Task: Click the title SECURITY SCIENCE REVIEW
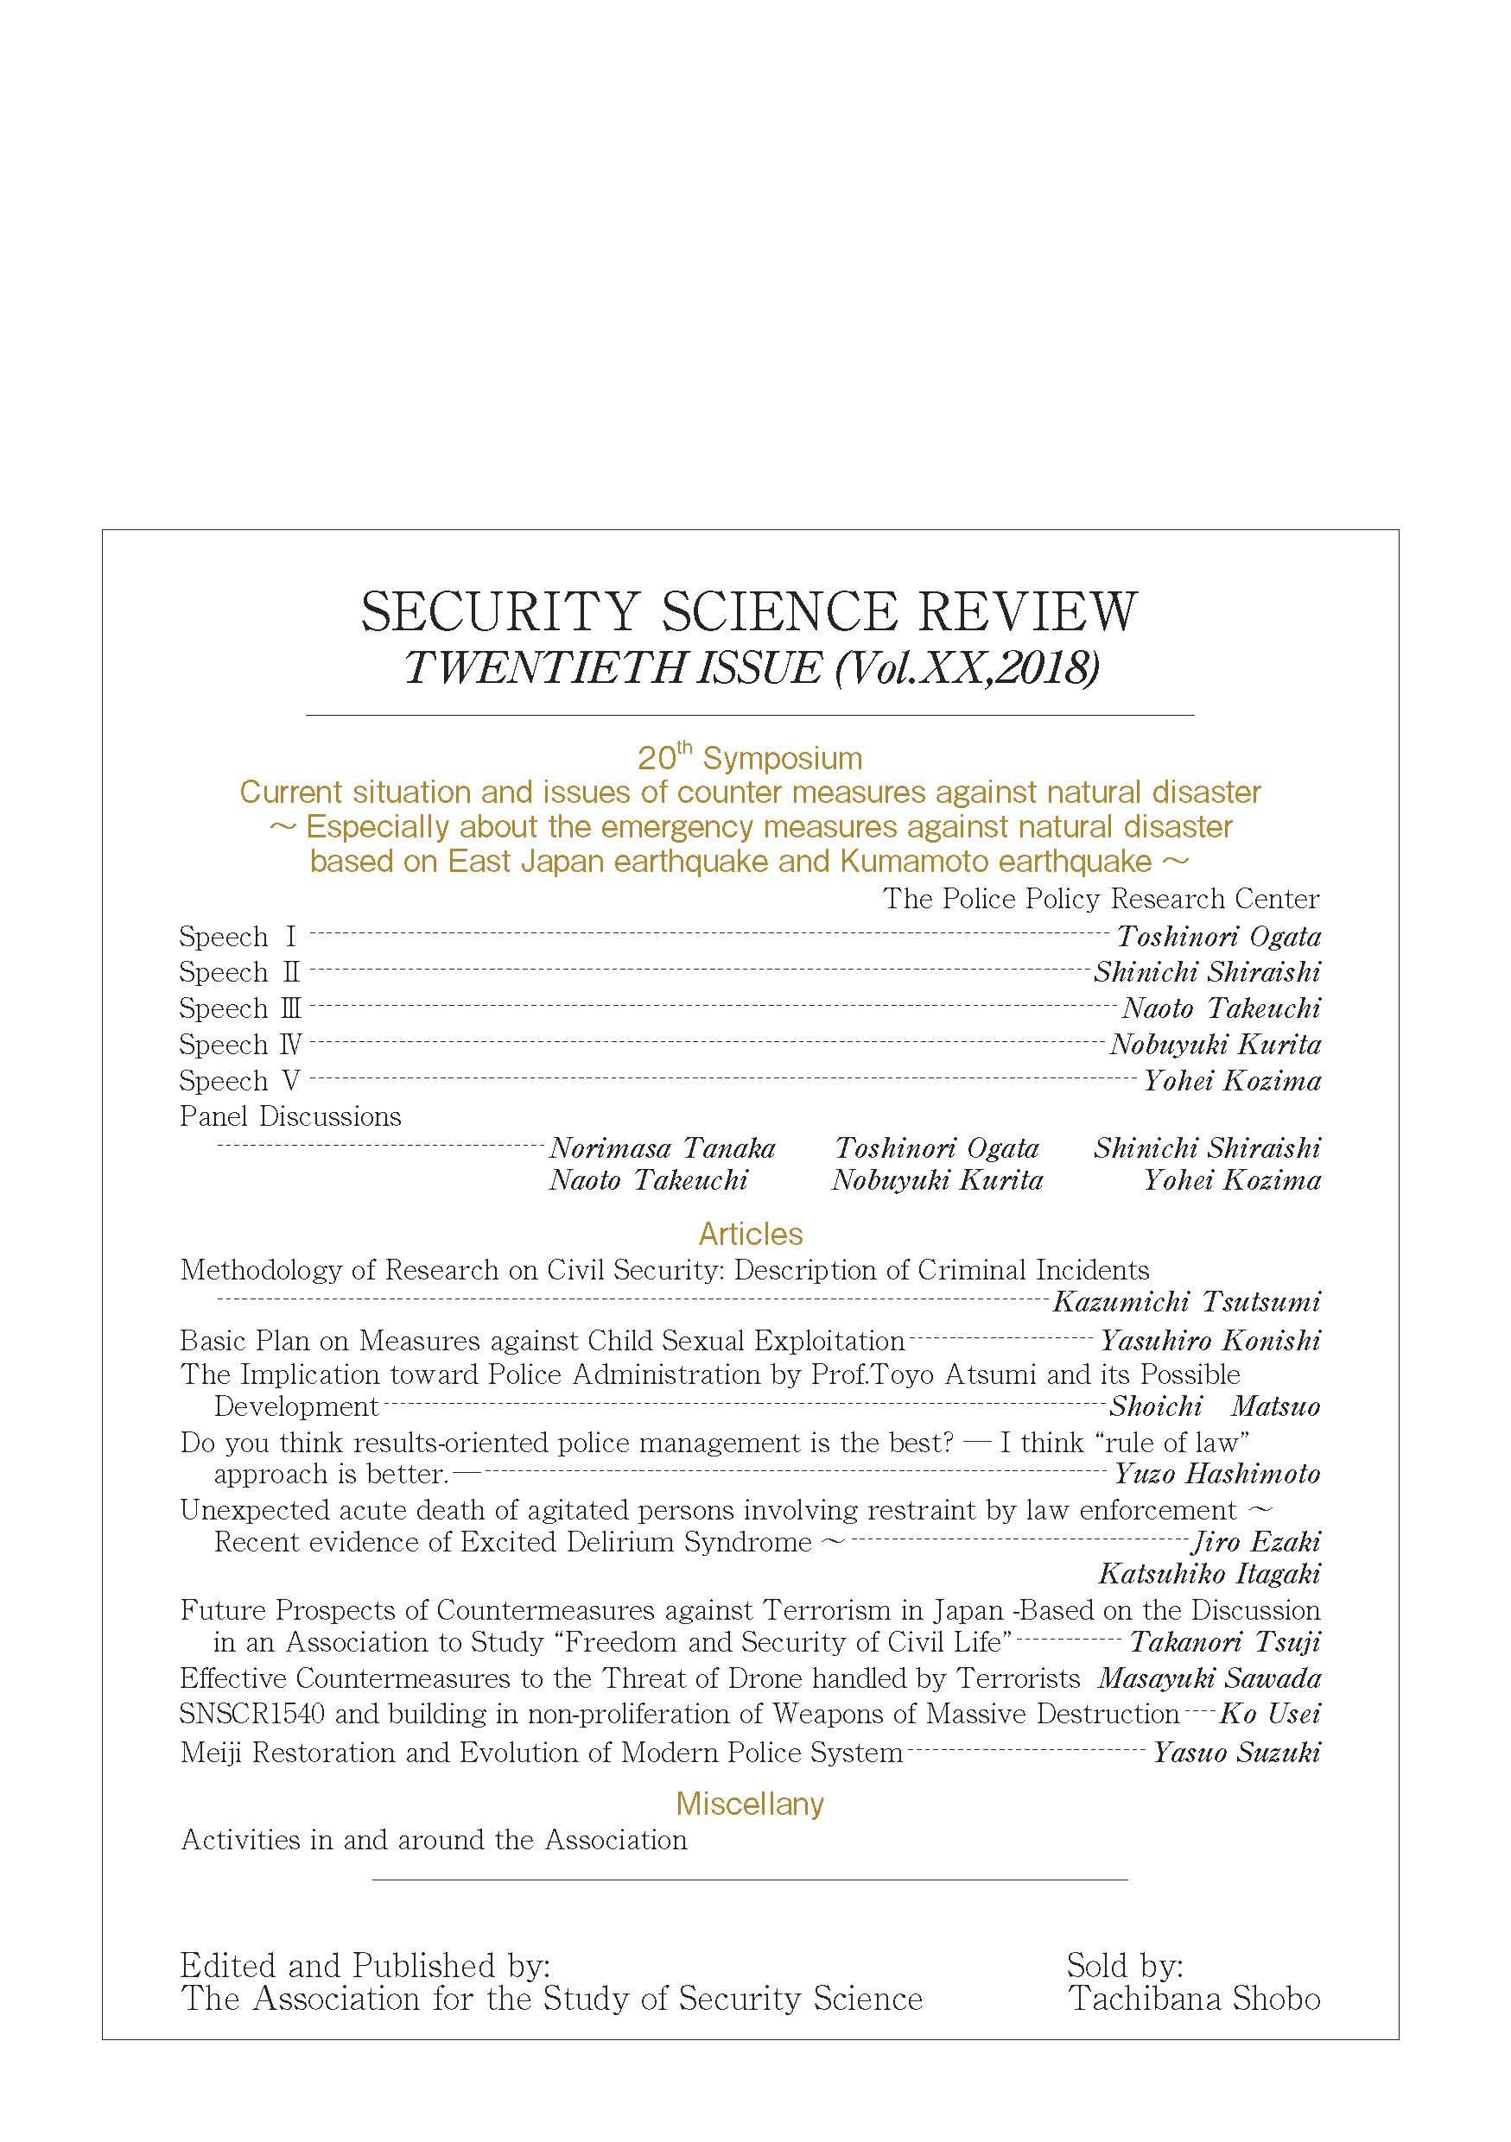[748, 612]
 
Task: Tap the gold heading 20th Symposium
[749, 757]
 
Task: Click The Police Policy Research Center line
[1101, 899]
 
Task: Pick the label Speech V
[240, 1080]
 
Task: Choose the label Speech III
[240, 1008]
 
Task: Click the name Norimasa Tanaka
[662, 1147]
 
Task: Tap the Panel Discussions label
[290, 1116]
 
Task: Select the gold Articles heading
[751, 1234]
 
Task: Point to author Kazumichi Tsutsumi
[1186, 1301]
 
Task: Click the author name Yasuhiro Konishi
[1209, 1341]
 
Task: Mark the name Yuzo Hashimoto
[1217, 1474]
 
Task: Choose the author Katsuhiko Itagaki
[1209, 1574]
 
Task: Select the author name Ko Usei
[1269, 1714]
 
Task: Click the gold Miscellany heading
[749, 1804]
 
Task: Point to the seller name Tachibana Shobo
[1194, 1999]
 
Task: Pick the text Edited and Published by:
[365, 1965]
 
